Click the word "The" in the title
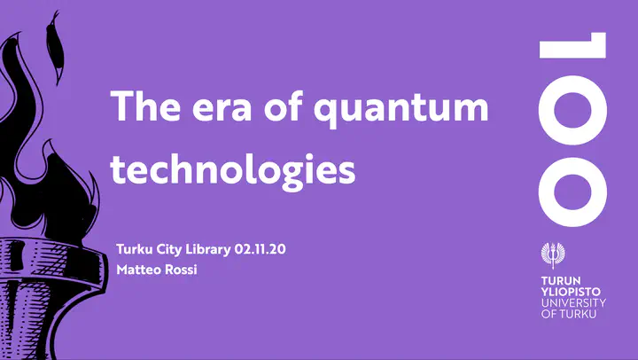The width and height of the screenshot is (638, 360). point(145,106)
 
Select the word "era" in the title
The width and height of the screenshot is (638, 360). point(222,109)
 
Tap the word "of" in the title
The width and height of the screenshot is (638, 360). point(284,106)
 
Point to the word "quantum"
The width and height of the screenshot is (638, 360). point(401,110)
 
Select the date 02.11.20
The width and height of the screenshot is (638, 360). point(260,249)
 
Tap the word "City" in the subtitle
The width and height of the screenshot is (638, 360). point(169,250)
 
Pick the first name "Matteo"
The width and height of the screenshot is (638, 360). point(136,270)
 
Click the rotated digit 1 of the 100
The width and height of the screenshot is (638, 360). point(573,45)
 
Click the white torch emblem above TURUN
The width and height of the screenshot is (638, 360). point(553,255)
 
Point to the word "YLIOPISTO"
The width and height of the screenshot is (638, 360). point(571,292)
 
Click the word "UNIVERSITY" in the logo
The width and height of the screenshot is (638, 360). point(573,303)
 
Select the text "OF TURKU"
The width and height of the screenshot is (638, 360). point(568,314)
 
